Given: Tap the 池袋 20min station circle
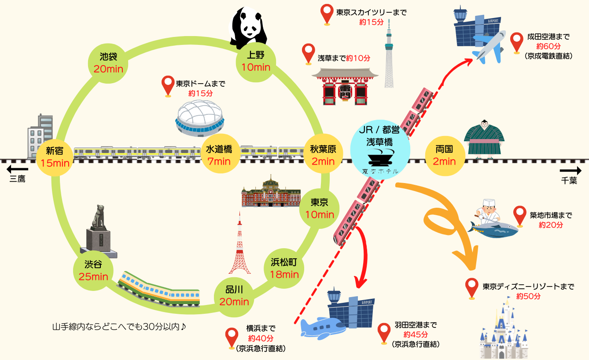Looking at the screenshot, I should [108, 62].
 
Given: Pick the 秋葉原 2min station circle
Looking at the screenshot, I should [323, 155].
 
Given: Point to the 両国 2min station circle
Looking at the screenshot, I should [444, 155].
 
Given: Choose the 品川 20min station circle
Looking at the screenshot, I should [234, 296].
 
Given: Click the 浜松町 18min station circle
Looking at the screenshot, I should [284, 268].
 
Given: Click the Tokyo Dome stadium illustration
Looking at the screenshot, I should [200, 117].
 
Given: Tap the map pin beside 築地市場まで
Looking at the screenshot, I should [520, 216].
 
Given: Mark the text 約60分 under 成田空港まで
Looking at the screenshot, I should [548, 46].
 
